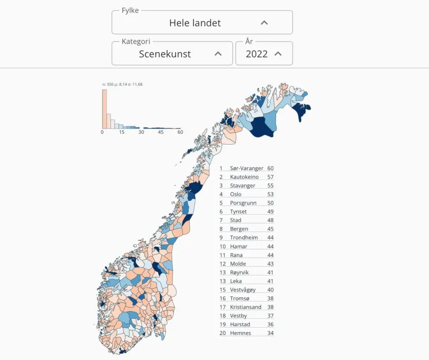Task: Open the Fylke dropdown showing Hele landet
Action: pos(202,22)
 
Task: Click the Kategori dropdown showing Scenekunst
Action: pos(172,54)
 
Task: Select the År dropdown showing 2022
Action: pos(263,54)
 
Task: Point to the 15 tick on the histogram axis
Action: pos(122,132)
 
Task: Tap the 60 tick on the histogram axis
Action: pos(180,132)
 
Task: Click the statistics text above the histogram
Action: pos(122,84)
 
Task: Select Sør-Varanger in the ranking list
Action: pos(247,168)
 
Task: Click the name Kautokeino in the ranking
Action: pos(244,177)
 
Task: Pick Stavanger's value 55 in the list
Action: pos(270,186)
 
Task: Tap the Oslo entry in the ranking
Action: pos(236,194)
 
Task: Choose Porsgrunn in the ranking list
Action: pos(243,203)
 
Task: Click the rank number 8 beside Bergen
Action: pos(221,229)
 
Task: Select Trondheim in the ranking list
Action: pos(244,238)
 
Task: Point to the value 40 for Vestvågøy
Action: pos(270,289)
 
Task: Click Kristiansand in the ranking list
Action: pos(246,307)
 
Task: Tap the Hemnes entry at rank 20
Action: pos(240,333)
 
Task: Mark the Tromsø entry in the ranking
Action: pos(240,298)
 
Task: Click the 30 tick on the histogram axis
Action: pos(141,132)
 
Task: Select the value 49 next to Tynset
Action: pos(270,212)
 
